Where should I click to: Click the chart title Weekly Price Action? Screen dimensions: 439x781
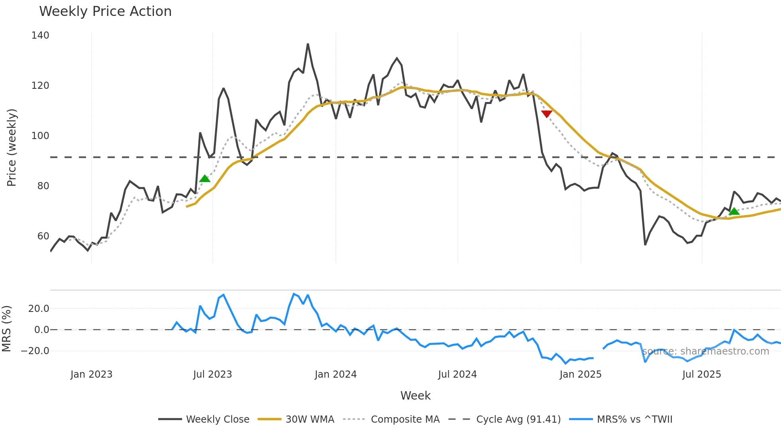(x=105, y=12)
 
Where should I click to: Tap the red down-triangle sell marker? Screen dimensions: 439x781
(x=547, y=114)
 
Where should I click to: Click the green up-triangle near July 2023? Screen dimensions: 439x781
(x=205, y=178)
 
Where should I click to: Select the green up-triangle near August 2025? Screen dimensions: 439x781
(x=734, y=211)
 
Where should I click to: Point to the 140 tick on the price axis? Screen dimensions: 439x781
(x=40, y=35)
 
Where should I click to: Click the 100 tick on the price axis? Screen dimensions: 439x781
(x=40, y=136)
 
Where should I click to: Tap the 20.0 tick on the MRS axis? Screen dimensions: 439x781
(x=39, y=308)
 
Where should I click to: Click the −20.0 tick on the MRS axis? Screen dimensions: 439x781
(x=35, y=351)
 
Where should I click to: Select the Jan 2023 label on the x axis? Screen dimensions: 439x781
(x=91, y=374)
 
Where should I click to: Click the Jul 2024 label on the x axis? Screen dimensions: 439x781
(x=457, y=374)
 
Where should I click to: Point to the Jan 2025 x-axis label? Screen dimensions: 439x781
(x=580, y=374)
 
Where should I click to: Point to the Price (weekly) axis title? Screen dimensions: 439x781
(x=12, y=147)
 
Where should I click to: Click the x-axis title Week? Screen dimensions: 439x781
(x=415, y=396)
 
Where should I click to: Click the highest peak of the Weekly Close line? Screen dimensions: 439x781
(x=308, y=44)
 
